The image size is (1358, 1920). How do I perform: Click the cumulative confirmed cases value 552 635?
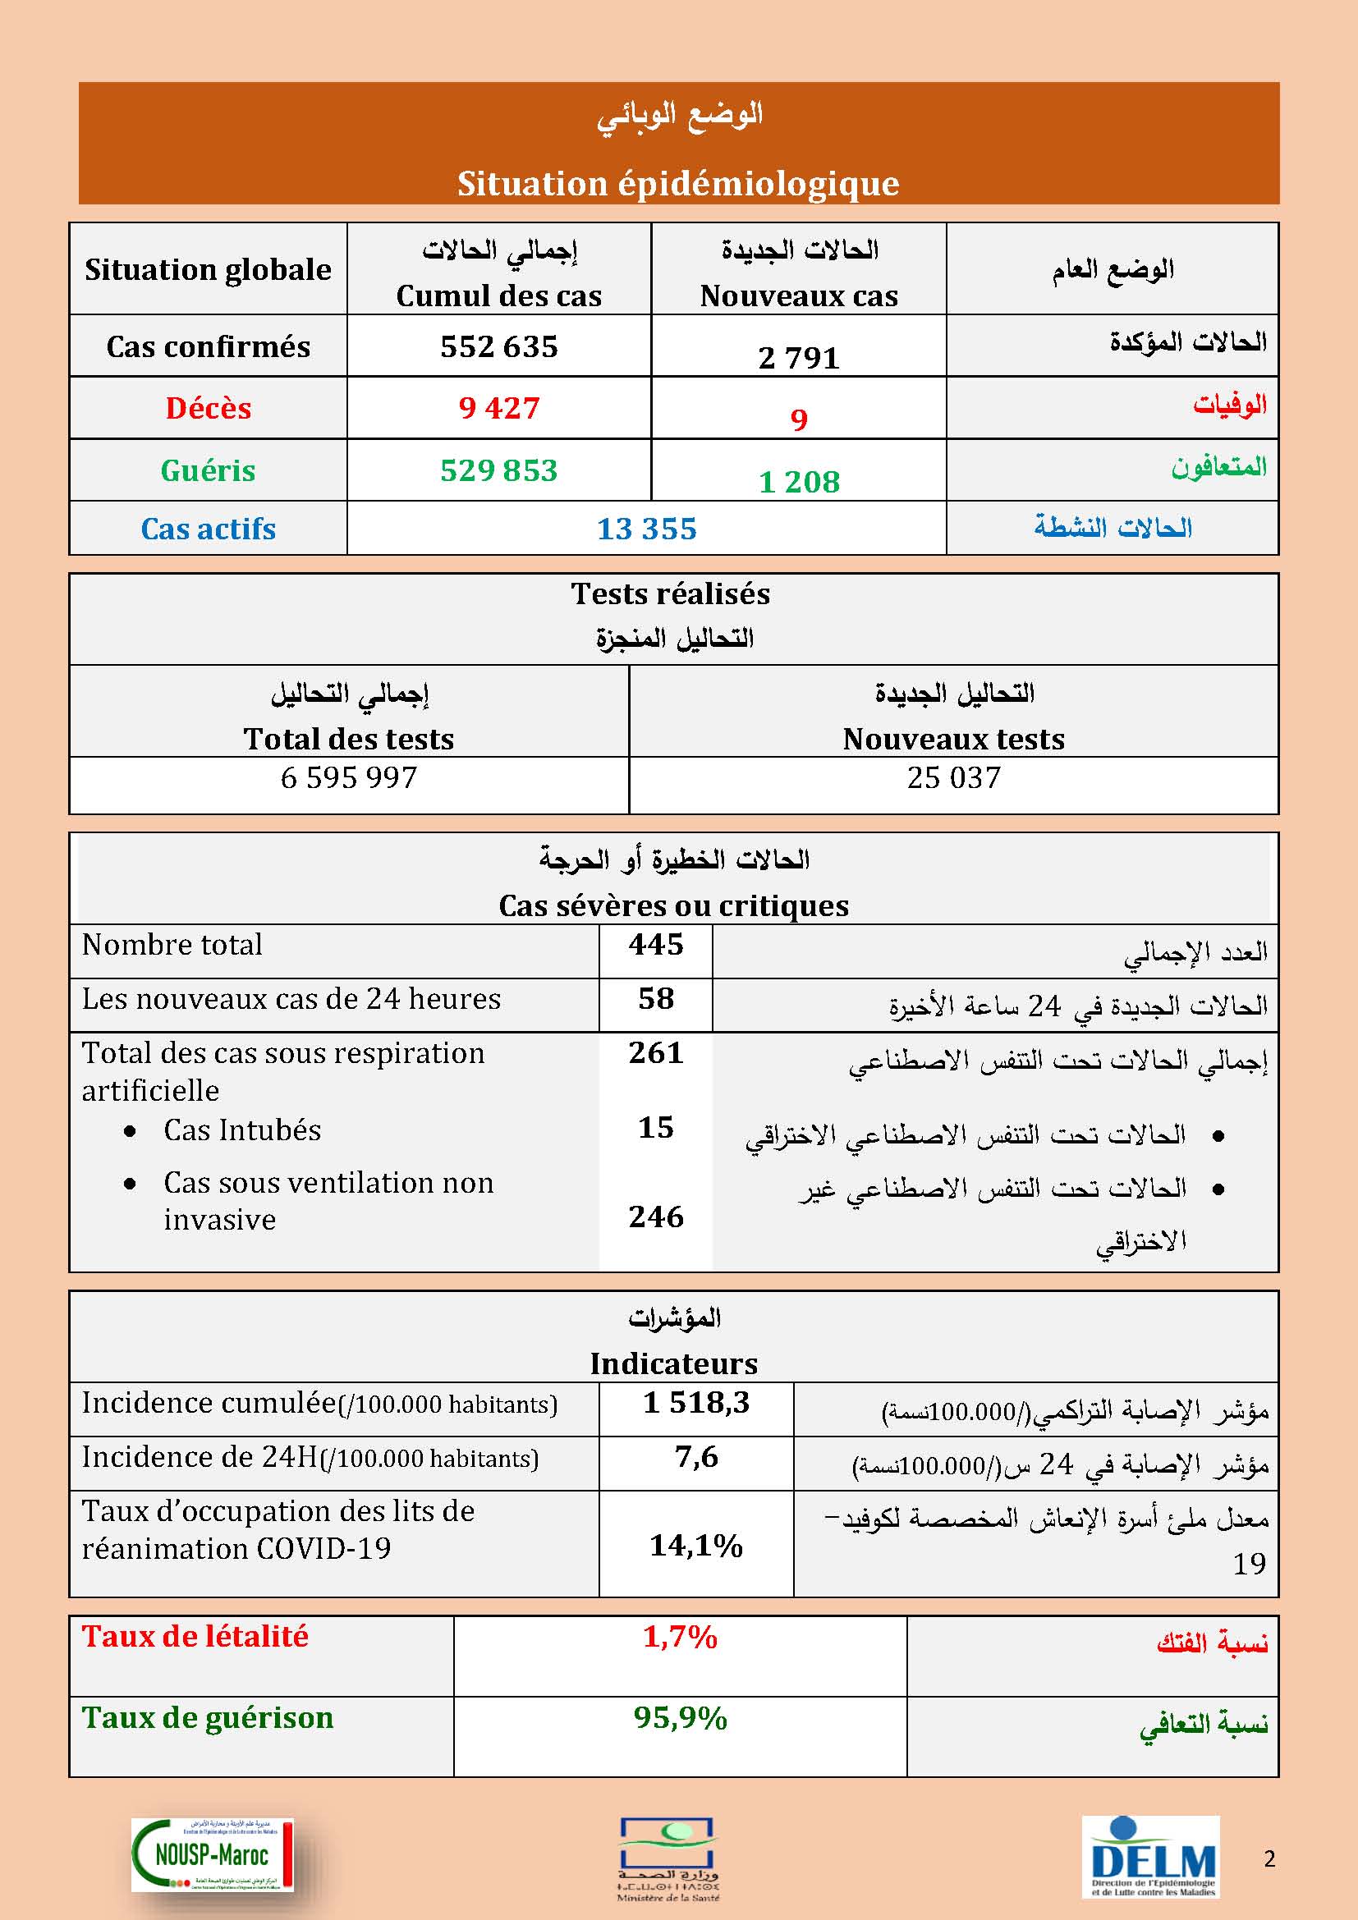coord(498,347)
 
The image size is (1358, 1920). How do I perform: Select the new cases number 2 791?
coord(799,358)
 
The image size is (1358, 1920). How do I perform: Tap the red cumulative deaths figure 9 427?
coord(498,408)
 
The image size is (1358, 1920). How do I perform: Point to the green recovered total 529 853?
coord(498,471)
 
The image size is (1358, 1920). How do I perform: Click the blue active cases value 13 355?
coord(646,529)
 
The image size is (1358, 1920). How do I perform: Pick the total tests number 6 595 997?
coord(349,777)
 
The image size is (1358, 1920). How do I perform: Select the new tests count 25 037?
coord(953,777)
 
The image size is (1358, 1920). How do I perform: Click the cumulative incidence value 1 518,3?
coord(695,1402)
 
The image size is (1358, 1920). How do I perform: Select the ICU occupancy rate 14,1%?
coord(695,1546)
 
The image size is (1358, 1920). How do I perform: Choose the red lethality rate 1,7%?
coord(680,1637)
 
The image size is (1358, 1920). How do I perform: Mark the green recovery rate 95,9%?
coord(680,1718)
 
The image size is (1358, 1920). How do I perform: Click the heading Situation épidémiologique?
coord(678,184)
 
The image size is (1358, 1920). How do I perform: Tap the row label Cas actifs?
coord(209,529)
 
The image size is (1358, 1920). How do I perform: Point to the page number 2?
coord(1269,1859)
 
